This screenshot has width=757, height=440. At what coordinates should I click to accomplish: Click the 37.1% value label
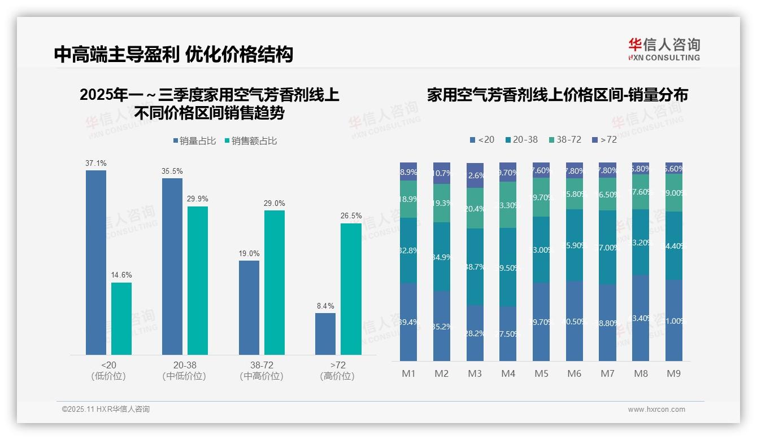click(x=96, y=164)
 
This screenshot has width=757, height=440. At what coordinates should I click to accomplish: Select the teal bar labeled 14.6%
click(x=121, y=319)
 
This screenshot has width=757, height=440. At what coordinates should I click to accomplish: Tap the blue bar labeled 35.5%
click(x=172, y=266)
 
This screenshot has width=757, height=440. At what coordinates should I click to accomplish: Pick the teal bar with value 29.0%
click(x=275, y=283)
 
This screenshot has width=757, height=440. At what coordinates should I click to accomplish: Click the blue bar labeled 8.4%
click(x=325, y=334)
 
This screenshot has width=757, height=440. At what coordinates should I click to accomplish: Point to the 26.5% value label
click(x=351, y=216)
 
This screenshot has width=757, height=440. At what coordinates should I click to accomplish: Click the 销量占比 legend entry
click(x=194, y=141)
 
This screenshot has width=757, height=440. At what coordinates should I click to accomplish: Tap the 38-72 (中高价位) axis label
click(x=262, y=371)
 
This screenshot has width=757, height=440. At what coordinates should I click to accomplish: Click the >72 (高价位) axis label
click(x=337, y=371)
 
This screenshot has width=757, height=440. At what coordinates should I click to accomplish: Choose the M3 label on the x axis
click(x=475, y=373)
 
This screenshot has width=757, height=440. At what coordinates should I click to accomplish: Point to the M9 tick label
click(x=673, y=373)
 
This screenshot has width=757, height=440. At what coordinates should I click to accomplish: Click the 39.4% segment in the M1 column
click(x=408, y=322)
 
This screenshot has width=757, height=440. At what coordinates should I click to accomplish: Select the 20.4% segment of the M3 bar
click(x=475, y=208)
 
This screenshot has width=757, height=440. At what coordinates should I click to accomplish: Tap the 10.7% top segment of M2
click(x=442, y=173)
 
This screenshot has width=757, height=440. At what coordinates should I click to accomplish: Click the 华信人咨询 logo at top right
click(x=664, y=49)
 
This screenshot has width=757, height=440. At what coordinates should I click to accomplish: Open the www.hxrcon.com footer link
click(x=656, y=410)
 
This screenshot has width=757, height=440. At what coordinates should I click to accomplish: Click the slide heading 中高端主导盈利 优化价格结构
click(x=173, y=55)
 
